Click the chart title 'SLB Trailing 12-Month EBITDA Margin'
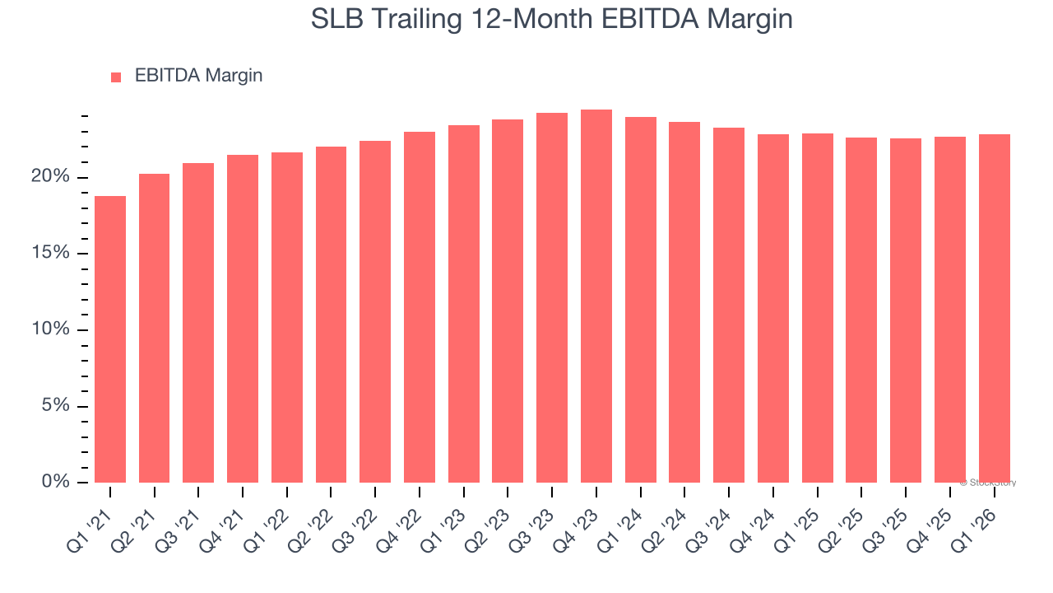coord(551,18)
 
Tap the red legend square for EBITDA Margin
coord(116,77)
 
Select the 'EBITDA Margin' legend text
coord(198,76)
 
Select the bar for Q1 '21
coord(110,339)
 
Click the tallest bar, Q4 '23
coord(596,296)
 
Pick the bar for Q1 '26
coord(995,309)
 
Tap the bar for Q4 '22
coord(420,307)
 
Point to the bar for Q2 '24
coord(684,302)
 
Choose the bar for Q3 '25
coord(906,311)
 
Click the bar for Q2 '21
coord(154,328)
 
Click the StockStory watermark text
coord(987,483)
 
